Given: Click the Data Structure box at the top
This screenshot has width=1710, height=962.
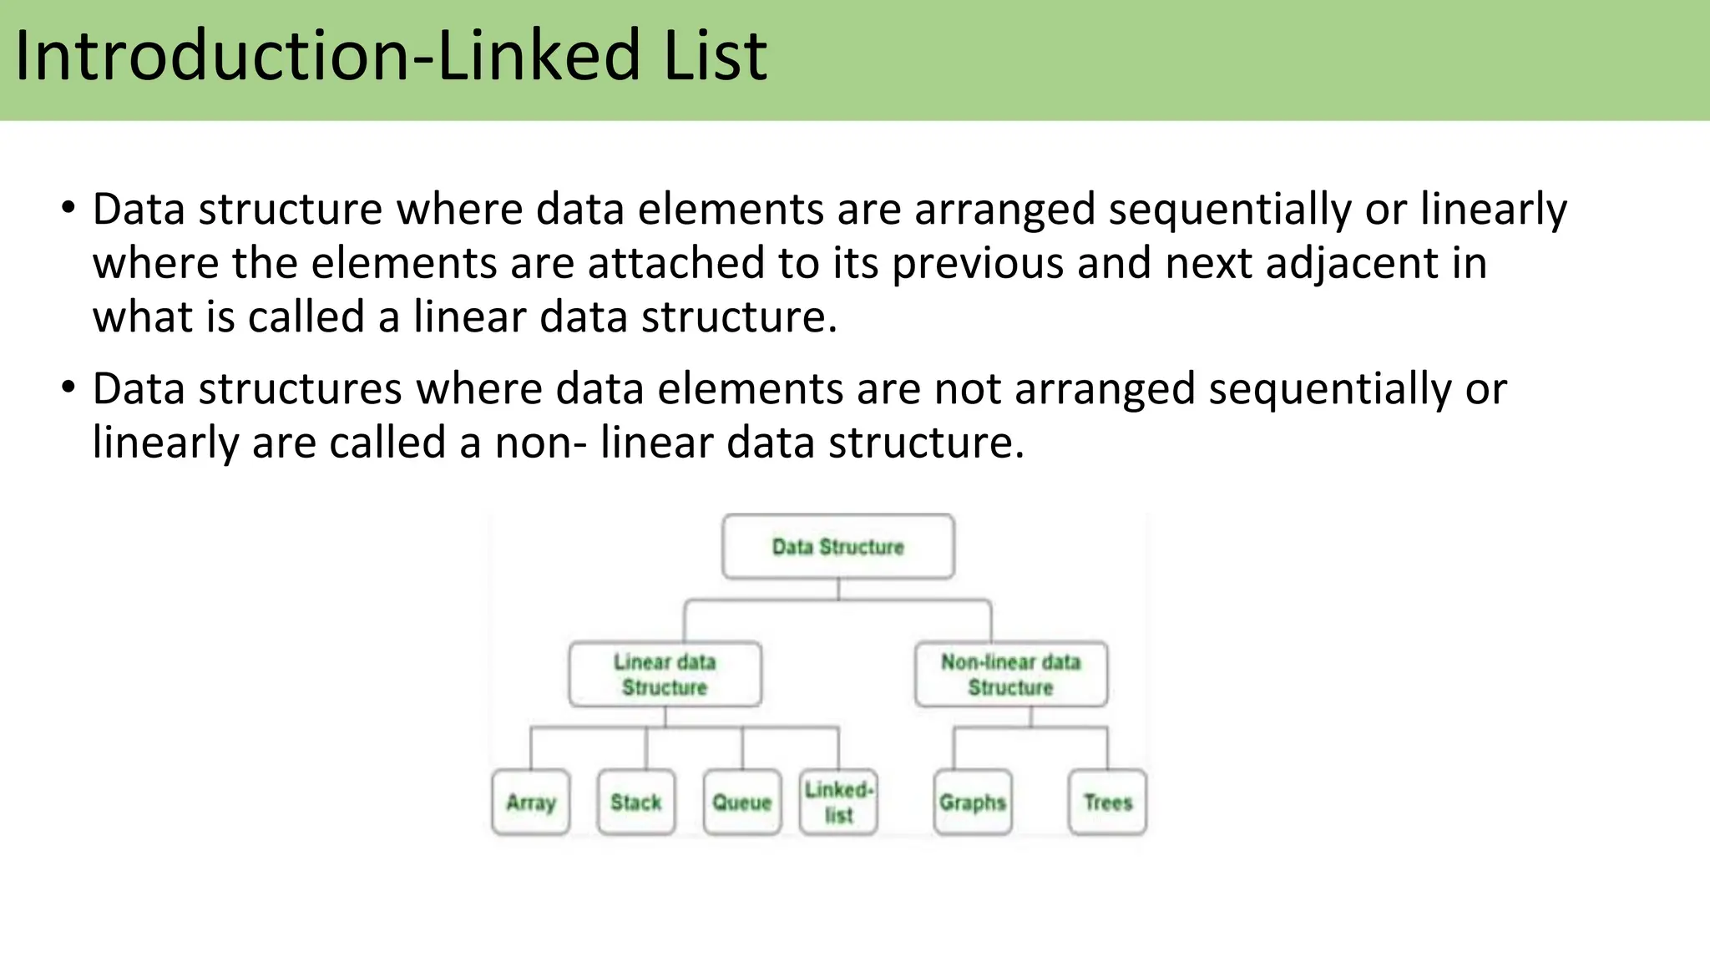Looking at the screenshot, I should point(837,547).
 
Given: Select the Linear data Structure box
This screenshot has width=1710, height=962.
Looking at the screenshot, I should point(665,675).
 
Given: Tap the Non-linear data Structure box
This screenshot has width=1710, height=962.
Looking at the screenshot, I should point(1010,675).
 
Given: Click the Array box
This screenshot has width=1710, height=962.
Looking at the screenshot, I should point(531,803).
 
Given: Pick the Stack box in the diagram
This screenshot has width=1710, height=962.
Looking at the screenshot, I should point(636,803).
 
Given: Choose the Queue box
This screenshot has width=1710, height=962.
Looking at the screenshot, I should point(741,803).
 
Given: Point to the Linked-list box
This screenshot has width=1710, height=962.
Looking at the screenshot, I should point(838,803).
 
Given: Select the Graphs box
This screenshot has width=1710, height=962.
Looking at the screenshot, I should point(973,803).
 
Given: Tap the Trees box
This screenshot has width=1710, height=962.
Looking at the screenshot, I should point(1107,803).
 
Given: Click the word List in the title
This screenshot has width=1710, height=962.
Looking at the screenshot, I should point(715,57).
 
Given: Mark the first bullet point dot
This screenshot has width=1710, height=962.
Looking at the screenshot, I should point(68,206).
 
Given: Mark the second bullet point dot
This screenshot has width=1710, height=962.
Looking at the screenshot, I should point(68,387).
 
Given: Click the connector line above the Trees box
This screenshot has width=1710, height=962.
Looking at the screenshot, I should point(1107,748).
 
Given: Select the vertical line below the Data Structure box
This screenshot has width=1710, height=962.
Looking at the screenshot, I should point(837,590).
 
